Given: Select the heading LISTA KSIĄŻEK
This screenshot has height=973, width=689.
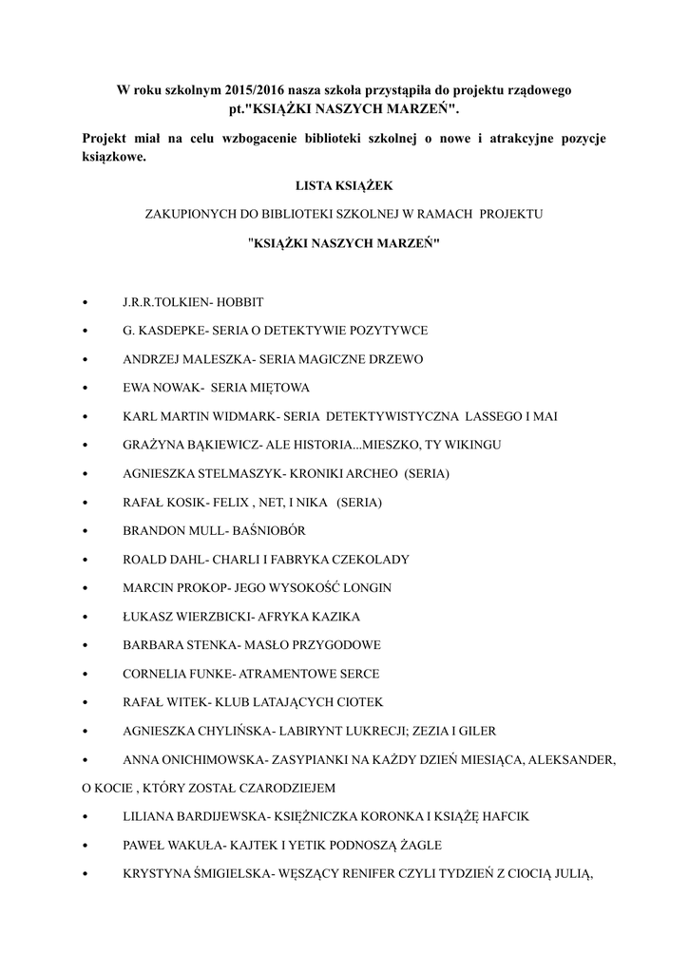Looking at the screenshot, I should pyautogui.click(x=344, y=185).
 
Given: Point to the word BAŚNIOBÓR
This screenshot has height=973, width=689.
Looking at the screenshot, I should pyautogui.click(x=272, y=530).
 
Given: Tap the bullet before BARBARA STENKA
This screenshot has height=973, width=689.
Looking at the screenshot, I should pyautogui.click(x=86, y=645).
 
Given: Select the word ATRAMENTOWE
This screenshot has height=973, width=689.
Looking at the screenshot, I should pyautogui.click(x=278, y=674).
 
